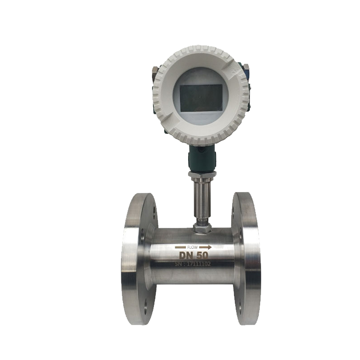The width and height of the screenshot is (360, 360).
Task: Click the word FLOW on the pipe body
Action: click(193, 247)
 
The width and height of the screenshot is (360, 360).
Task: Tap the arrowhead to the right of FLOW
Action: click(209, 247)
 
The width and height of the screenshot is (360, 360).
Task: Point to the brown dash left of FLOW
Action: click(181, 247)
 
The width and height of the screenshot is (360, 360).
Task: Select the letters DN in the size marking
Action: click(187, 256)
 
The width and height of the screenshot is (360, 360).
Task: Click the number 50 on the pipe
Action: click(203, 255)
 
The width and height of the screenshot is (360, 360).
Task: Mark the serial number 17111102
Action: click(198, 264)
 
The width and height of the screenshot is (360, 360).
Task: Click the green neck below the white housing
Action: click(202, 158)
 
